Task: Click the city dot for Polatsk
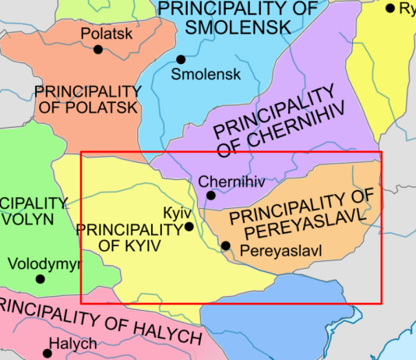click(98, 49)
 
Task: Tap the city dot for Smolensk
click(181, 59)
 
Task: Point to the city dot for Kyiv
click(189, 228)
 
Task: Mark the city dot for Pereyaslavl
click(226, 246)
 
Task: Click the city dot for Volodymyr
click(41, 279)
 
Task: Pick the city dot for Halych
click(48, 353)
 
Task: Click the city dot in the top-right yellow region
click(390, 8)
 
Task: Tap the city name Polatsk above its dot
click(108, 34)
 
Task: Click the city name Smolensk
click(205, 76)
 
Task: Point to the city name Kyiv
click(172, 213)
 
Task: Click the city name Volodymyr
click(44, 263)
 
